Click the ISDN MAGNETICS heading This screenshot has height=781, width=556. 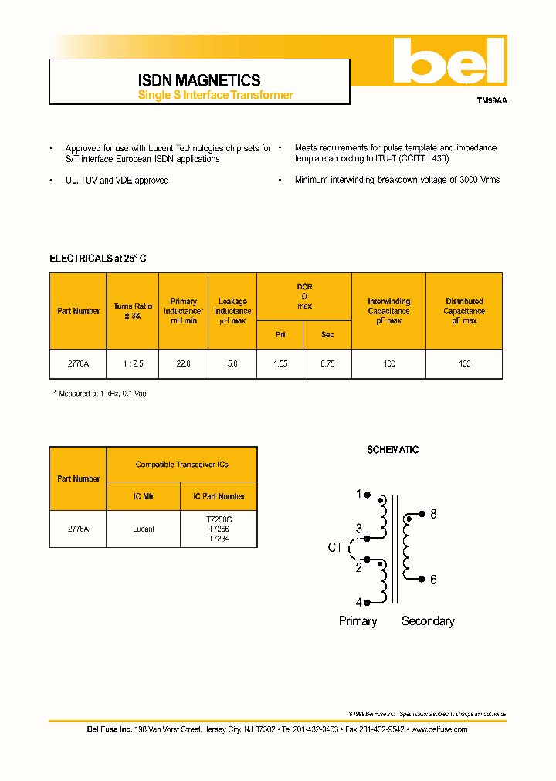pos(199,80)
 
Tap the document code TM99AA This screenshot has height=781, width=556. pos(491,100)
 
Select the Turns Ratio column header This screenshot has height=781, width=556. pos(133,311)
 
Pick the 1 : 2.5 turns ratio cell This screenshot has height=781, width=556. pos(133,363)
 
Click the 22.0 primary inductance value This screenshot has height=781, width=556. pos(183,363)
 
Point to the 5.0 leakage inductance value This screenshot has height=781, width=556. pos(232,363)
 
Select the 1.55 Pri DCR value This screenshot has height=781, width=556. pos(280,363)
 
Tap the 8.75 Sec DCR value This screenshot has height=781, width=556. pos(327,363)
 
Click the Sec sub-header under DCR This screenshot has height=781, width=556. pos(327,335)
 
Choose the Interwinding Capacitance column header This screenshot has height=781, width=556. pos(388,311)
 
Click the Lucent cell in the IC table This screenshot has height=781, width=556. pos(144,529)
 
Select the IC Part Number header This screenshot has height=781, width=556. pos(219,496)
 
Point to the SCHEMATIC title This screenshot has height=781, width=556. pos(392,450)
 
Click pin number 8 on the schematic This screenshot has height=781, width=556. pos(433,514)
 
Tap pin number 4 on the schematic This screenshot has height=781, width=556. pos(358,602)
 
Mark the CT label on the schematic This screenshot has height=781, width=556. pos(335,547)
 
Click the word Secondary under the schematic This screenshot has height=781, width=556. pos(428,621)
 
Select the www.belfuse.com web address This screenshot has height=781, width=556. pos(439,729)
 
